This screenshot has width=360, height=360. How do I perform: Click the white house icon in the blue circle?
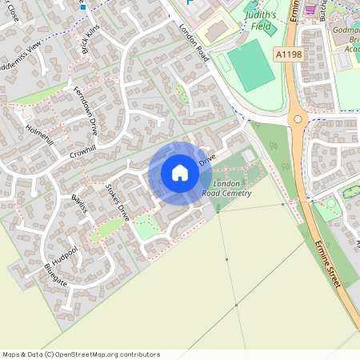(x=180, y=173)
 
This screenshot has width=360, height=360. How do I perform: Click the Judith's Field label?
(x=261, y=20)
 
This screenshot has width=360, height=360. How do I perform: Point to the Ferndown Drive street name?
(x=86, y=110)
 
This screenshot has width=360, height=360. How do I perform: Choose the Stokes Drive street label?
(x=118, y=202)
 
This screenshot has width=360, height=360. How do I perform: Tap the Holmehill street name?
(x=38, y=134)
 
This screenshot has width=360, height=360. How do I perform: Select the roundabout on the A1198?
(x=299, y=120)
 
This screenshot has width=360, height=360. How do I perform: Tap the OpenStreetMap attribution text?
(x=81, y=354)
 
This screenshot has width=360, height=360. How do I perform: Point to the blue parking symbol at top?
(x=190, y=2)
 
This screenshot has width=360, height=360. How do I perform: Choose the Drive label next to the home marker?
(x=207, y=160)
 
